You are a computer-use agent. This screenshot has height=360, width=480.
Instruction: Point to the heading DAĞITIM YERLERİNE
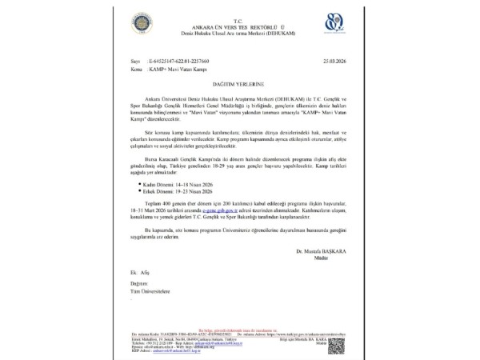[239, 83]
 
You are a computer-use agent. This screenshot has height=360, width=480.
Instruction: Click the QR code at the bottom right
[336, 345]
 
